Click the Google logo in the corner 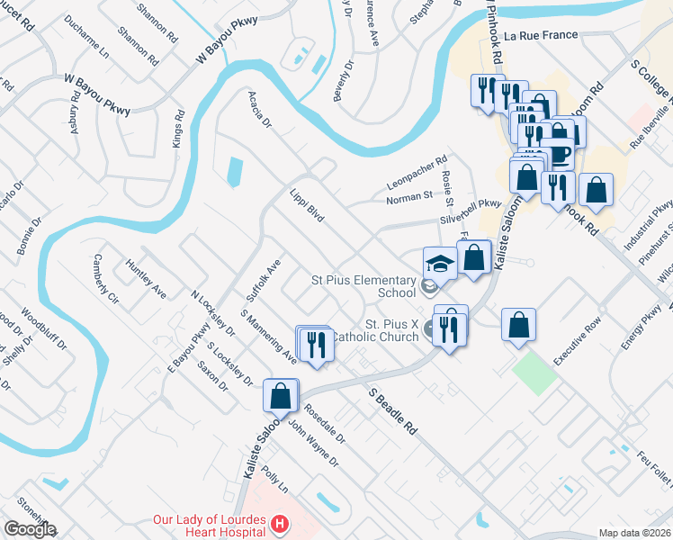pyautogui.click(x=30, y=529)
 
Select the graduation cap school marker pyautogui.click(x=440, y=263)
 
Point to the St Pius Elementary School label pyautogui.click(x=364, y=284)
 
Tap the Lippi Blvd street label pyautogui.click(x=307, y=208)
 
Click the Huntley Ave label pyautogui.click(x=147, y=280)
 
